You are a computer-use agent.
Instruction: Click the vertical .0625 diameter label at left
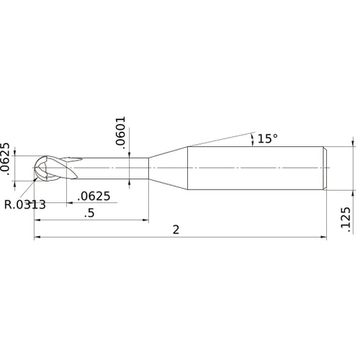point(6,159)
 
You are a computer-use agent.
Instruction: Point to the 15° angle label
point(267,138)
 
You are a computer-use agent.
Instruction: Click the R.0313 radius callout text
point(25,204)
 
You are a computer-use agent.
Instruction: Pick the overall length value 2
point(176,229)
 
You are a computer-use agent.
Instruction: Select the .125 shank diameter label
point(344,219)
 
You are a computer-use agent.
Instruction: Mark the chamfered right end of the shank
point(325,168)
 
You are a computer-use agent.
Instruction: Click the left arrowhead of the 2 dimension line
point(37,236)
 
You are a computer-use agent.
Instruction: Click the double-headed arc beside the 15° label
point(251,138)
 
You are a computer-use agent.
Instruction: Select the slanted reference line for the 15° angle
point(216,137)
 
